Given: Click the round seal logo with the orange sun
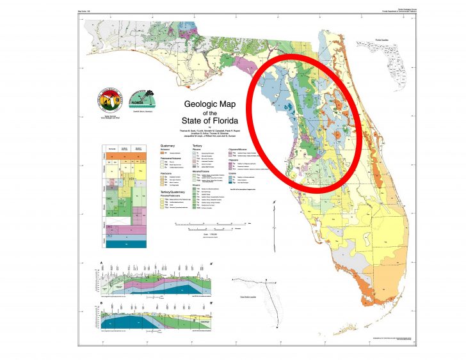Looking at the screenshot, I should coord(107,101).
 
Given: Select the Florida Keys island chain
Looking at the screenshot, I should coord(371,336).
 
